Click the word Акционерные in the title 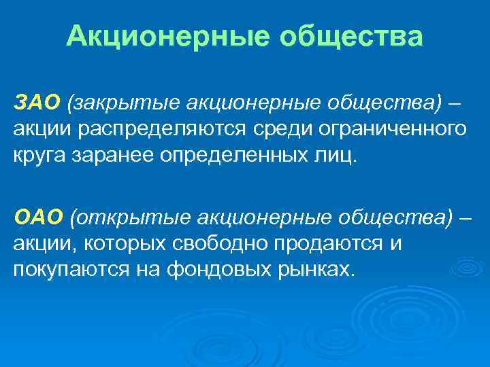pos(161,36)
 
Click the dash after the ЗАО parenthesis pos(454,103)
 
